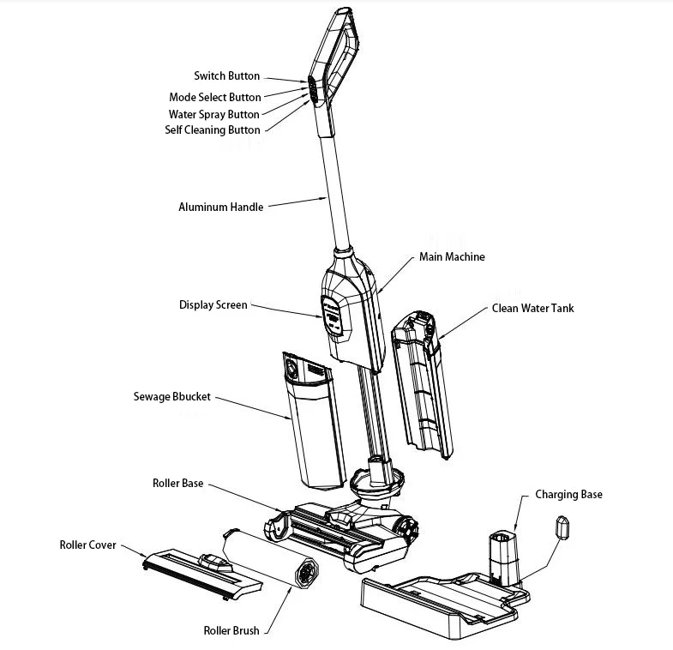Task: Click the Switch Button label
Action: pyautogui.click(x=226, y=76)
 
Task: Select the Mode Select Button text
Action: pyautogui.click(x=215, y=97)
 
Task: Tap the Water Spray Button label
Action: pyautogui.click(x=213, y=114)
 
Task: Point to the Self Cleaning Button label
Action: pyautogui.click(x=212, y=130)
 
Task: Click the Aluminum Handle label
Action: pyautogui.click(x=220, y=207)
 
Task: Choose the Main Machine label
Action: pyautogui.click(x=451, y=257)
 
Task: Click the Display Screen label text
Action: pyautogui.click(x=213, y=305)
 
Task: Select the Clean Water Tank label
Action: pyautogui.click(x=532, y=308)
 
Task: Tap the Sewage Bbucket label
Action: pyautogui.click(x=171, y=397)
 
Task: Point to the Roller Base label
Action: pyautogui.click(x=177, y=484)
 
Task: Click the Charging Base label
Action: pyautogui.click(x=568, y=495)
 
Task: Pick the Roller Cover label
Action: pyautogui.click(x=87, y=545)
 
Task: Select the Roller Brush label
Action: pyautogui.click(x=231, y=631)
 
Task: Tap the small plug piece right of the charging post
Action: pyautogui.click(x=563, y=526)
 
